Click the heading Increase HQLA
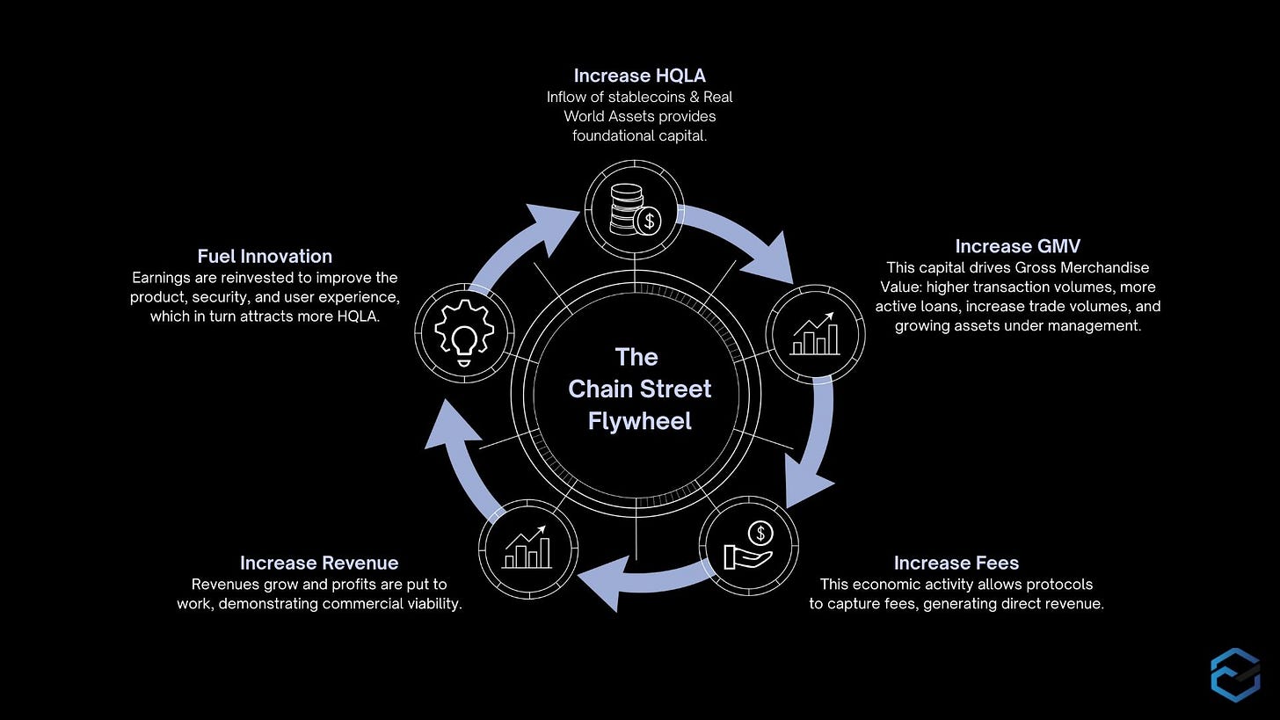click(639, 76)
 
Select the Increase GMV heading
click(1017, 246)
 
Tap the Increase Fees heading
click(956, 563)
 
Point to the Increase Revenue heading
click(319, 563)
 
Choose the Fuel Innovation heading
click(265, 256)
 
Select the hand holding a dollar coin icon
click(748, 545)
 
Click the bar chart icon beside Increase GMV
click(815, 331)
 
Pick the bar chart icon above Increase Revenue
click(527, 547)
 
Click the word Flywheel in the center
click(639, 421)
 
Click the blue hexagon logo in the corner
click(1234, 674)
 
